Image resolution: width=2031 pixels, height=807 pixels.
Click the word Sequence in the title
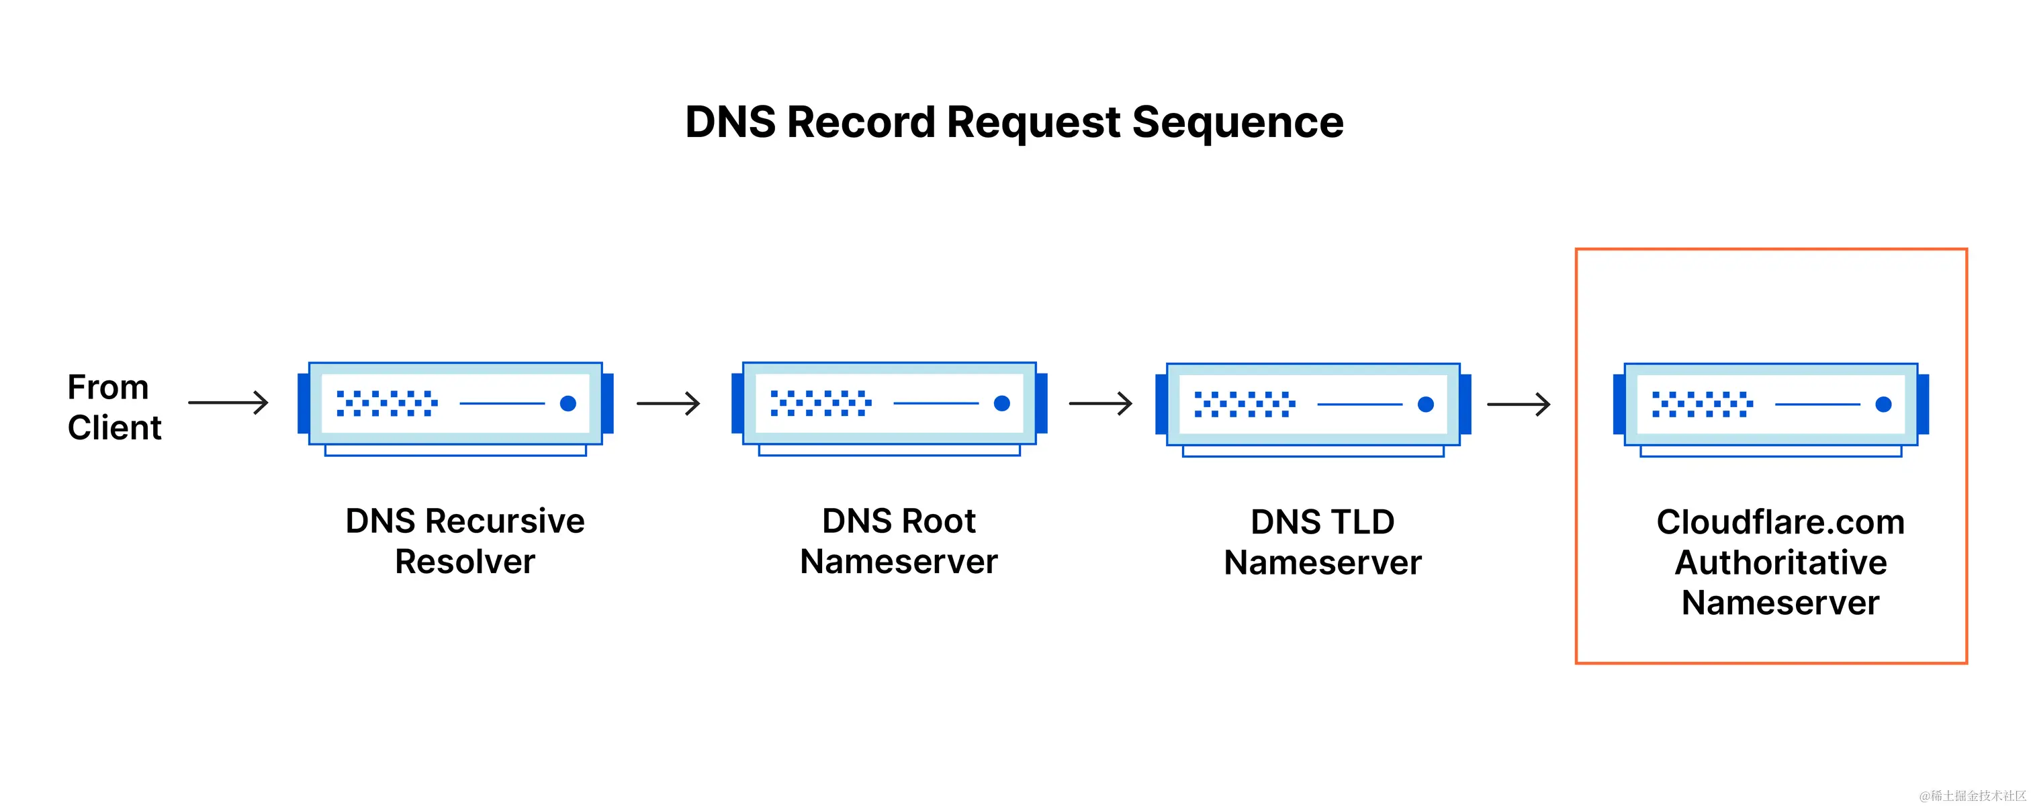(x=1237, y=123)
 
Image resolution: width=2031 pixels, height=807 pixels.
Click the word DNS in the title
(x=730, y=123)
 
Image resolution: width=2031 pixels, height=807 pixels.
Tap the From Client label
(x=114, y=407)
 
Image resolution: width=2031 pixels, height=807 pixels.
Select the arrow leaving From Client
(x=228, y=403)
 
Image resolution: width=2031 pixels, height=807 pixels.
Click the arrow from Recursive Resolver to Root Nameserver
(x=668, y=404)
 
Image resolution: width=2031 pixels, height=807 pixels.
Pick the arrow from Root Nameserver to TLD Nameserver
(x=1101, y=404)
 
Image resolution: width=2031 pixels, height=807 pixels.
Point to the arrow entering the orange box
(x=1519, y=405)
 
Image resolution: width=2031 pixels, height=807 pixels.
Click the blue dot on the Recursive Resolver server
(x=568, y=404)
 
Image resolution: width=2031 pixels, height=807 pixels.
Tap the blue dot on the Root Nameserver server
(x=1002, y=404)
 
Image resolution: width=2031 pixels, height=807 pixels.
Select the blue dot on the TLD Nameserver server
(x=1425, y=405)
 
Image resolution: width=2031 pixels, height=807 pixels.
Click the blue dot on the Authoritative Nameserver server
(x=1883, y=405)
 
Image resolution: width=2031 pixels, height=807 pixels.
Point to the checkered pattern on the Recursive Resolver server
(x=386, y=403)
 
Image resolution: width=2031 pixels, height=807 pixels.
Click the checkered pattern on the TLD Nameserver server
(x=1244, y=404)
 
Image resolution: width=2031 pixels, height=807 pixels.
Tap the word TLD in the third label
(x=1363, y=522)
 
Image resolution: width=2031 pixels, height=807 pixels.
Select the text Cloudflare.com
(x=1780, y=522)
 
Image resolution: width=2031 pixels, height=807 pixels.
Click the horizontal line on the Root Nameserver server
(x=936, y=404)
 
